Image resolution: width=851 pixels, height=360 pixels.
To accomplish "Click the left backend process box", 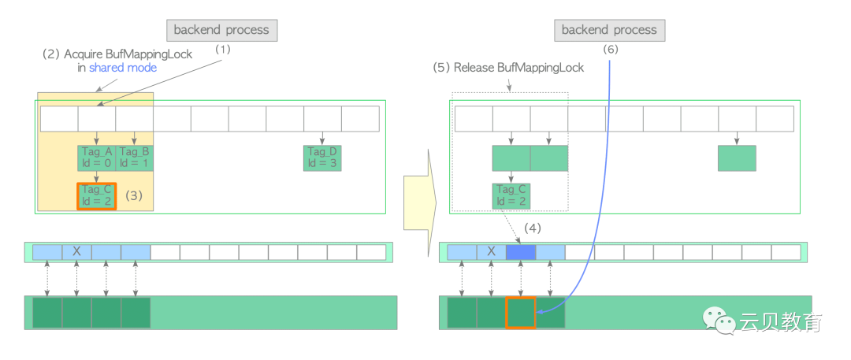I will click(221, 31).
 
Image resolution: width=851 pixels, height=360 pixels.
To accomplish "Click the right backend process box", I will click(609, 31).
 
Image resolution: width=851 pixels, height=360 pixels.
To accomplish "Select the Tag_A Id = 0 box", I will click(97, 158).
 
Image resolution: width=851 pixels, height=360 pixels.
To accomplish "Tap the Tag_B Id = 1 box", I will click(135, 158).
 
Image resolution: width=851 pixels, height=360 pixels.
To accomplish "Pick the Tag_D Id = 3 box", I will click(322, 158).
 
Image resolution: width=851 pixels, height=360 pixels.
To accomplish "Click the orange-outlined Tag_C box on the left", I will click(97, 195).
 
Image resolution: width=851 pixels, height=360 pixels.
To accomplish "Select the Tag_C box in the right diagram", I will click(511, 195).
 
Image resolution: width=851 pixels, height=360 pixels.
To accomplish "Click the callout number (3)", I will click(134, 195).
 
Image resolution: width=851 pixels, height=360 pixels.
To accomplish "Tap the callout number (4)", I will click(534, 228).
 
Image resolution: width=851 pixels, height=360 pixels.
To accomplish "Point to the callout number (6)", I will click(611, 49).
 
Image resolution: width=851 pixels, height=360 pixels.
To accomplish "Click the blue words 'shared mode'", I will click(122, 68).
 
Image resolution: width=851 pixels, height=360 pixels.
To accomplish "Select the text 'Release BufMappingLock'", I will click(541, 68).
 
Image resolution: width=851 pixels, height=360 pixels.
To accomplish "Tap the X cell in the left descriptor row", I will click(76, 251).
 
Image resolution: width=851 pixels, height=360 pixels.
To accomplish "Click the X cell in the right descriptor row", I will click(492, 251).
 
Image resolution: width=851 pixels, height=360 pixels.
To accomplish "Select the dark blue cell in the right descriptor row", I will click(521, 251).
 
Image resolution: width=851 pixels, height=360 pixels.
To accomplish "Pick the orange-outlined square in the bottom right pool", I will click(521, 312).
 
